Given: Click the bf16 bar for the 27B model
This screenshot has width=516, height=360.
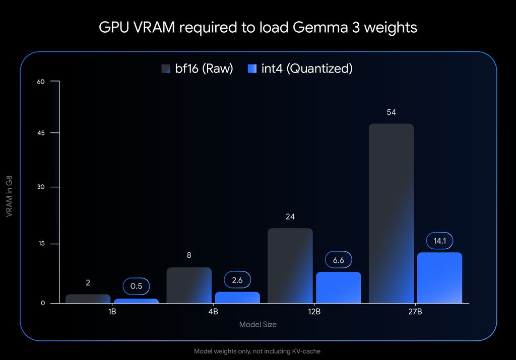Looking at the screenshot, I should click(x=391, y=214).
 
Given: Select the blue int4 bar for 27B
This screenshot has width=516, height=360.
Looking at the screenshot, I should click(x=439, y=278).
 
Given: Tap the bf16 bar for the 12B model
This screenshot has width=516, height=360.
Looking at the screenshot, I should click(x=290, y=266).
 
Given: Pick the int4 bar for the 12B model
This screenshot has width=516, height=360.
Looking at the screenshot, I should click(x=338, y=288).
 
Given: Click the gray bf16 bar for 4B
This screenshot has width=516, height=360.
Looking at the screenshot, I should click(x=188, y=285).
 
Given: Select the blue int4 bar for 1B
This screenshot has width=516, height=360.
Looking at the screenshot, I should click(x=136, y=301).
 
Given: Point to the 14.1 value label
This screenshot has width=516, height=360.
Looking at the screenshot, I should click(x=439, y=241).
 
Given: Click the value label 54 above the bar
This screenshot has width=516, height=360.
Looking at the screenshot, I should click(x=391, y=112).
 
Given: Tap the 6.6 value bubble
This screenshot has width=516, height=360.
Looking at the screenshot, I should click(x=338, y=260).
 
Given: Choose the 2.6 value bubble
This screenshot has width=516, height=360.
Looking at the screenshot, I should click(x=237, y=280).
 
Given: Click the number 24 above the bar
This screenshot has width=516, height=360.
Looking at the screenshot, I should click(x=290, y=217).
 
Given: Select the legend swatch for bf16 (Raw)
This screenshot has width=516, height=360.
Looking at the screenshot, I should click(x=166, y=69).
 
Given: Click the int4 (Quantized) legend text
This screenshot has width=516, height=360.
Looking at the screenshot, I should click(x=307, y=69).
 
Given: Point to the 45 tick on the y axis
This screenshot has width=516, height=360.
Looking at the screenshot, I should click(x=41, y=133).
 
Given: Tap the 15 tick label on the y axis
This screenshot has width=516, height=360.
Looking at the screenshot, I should click(x=41, y=244).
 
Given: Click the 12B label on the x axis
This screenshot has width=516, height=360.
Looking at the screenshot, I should click(x=314, y=312).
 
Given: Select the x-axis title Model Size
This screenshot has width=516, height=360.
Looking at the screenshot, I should click(x=257, y=325).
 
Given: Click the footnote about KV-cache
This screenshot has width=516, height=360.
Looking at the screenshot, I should click(x=257, y=351).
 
